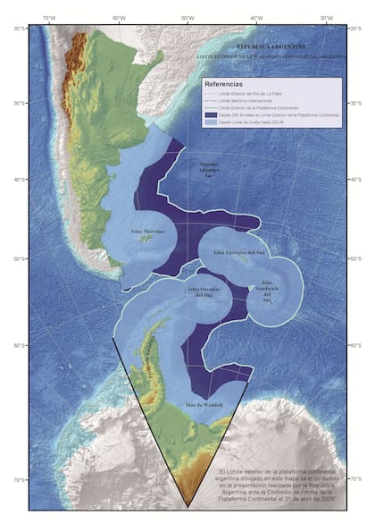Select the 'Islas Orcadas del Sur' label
(206, 292)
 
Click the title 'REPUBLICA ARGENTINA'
(270, 45)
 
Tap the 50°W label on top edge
(187, 18)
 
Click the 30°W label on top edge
(327, 18)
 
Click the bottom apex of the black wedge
(188, 507)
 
